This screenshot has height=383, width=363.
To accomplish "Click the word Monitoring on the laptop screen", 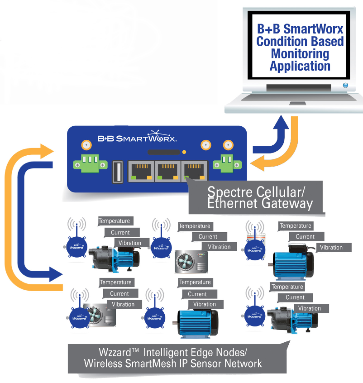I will tap(300, 54).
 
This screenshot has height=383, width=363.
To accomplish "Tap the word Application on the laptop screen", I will tap(300, 66).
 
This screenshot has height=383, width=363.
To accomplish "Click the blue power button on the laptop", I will tap(345, 85).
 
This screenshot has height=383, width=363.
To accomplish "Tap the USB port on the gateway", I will tap(116, 172).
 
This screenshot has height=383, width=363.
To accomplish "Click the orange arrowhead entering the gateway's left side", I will tap(49, 151).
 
